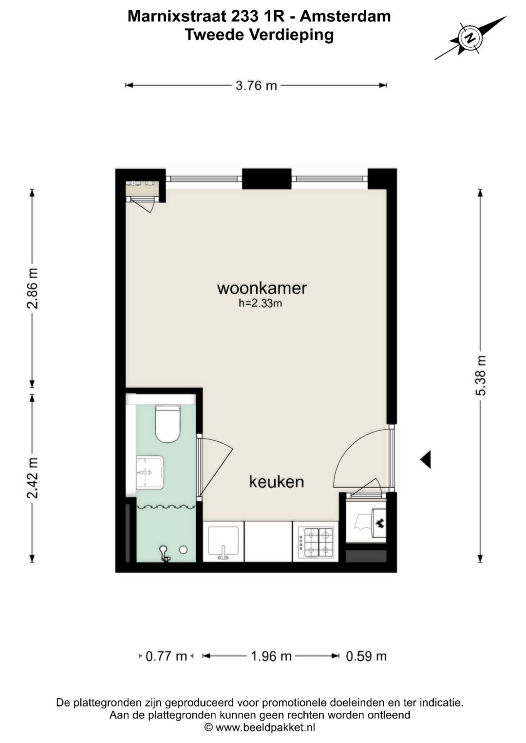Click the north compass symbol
coord(470,38)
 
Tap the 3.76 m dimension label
coord(256,86)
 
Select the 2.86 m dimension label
coord(33,288)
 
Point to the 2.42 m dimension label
coord(33,478)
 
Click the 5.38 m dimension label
coord(481,375)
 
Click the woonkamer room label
coord(262,288)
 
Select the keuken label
coord(277,482)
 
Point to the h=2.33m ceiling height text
coord(261,303)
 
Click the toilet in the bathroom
coord(168,424)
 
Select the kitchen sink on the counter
coord(223,542)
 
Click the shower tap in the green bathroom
coord(165,554)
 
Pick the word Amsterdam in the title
coord(345,17)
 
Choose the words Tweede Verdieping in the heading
coord(259,35)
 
